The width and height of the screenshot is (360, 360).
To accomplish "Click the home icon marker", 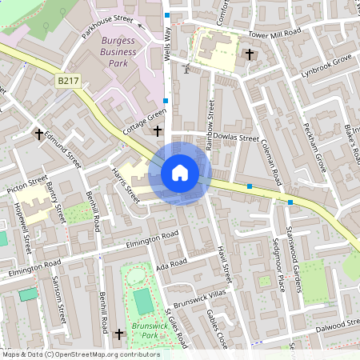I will coord(180,173).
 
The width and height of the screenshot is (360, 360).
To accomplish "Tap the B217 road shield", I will coord(67,81).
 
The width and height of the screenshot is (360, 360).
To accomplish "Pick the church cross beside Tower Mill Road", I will coord(250,54).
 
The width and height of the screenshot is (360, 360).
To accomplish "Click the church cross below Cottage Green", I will coord(157,130).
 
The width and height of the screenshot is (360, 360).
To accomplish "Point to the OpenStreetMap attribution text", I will coord(80,354).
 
